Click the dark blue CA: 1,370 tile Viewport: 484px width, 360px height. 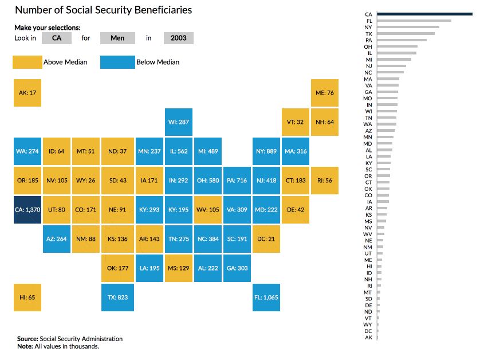pos(27,210)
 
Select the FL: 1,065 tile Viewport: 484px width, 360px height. pos(266,298)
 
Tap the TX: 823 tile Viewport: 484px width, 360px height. pos(117,298)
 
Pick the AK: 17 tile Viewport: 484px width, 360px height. pos(27,92)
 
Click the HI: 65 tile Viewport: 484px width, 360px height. pos(27,298)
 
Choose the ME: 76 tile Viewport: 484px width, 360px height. pos(325,92)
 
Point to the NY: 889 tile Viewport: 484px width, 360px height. pos(266,151)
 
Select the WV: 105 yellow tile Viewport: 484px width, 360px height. pos(207,210)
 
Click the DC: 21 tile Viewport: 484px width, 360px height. pos(266,239)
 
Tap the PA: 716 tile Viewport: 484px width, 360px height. pos(237,181)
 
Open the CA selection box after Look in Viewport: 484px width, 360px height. pos(57,38)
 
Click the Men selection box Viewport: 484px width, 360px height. pos(117,38)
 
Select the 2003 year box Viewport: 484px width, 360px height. pos(178,38)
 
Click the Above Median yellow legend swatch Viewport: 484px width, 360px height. pos(27,62)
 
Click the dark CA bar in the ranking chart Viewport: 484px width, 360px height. pos(424,14)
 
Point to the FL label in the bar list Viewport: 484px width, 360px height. pos(368,21)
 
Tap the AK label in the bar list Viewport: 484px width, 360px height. pos(368,338)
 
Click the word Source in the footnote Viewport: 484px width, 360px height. pos(27,339)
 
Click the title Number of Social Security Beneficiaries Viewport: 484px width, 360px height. pos(103,10)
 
